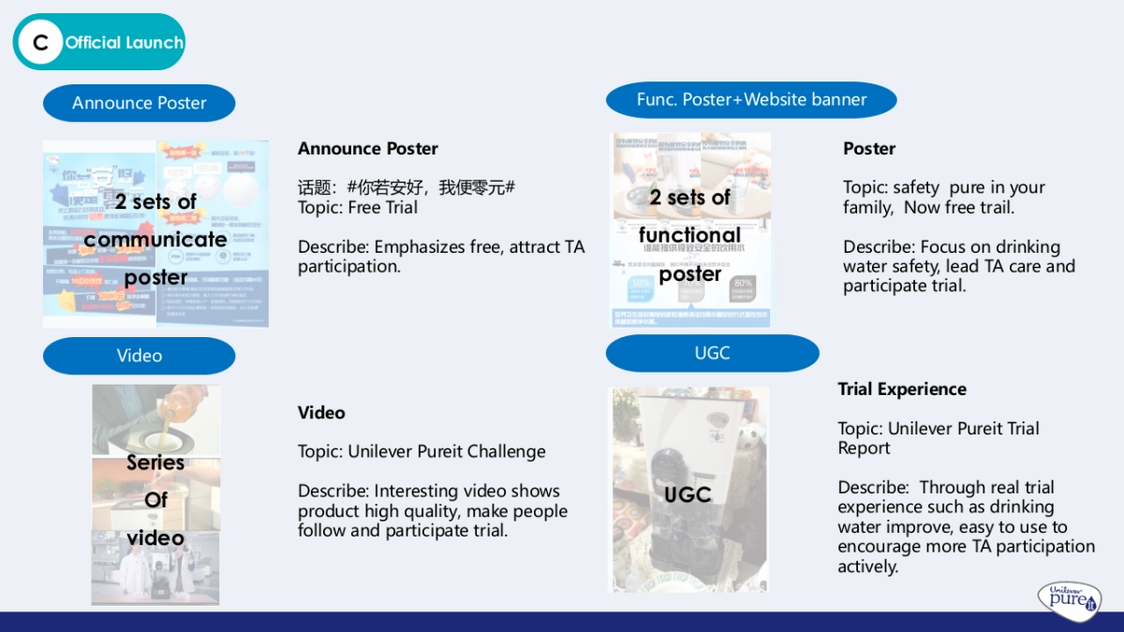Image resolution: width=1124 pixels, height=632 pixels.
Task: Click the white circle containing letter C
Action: (40, 42)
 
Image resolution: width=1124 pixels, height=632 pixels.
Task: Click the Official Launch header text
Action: (124, 42)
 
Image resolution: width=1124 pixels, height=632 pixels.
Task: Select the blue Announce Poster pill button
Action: (139, 103)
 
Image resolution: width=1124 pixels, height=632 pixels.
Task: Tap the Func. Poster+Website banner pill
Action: (751, 99)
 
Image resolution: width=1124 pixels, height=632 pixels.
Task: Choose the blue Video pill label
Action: (139, 356)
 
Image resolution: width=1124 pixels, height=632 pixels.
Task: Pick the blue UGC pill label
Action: (712, 353)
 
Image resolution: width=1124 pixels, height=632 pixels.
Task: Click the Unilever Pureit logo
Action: (1069, 599)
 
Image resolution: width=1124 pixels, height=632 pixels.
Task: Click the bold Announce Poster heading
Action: (367, 149)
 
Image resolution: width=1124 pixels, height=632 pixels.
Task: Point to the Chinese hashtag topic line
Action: (407, 187)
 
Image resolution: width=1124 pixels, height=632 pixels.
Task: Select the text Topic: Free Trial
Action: (358, 207)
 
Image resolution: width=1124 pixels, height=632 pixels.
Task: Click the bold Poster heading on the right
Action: (868, 149)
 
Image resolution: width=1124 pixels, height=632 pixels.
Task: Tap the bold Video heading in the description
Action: (321, 413)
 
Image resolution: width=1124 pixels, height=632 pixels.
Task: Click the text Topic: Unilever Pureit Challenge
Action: (421, 451)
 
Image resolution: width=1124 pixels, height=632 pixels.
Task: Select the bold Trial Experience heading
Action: (901, 389)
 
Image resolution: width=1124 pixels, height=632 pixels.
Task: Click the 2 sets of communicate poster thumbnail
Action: (155, 234)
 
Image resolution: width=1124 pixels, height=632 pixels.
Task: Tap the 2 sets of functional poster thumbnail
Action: (691, 229)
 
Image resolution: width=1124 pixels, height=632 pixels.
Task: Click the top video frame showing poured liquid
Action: (156, 419)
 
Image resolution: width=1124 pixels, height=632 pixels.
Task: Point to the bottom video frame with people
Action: (155, 567)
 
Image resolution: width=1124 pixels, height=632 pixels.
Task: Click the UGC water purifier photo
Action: (688, 490)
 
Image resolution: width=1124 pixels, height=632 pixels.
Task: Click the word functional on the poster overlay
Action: (689, 235)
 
